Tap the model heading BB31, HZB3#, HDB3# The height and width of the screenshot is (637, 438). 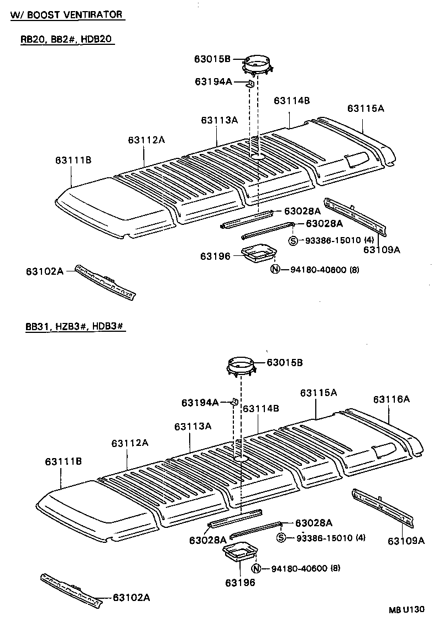[75, 327]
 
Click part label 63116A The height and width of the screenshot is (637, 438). [391, 399]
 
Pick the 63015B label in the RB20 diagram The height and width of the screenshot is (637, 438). [212, 58]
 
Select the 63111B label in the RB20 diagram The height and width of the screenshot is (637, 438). [73, 161]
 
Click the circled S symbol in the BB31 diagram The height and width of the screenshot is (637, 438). [281, 538]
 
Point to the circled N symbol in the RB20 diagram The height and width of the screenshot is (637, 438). [275, 270]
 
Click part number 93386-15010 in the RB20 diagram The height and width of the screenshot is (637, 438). [330, 240]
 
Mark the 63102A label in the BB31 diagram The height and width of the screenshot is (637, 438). [131, 597]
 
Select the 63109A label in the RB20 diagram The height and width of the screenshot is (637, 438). [381, 250]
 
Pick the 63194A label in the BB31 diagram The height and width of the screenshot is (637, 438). [200, 403]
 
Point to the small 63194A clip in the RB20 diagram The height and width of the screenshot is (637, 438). [250, 84]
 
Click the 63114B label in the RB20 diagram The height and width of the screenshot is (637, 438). [291, 101]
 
